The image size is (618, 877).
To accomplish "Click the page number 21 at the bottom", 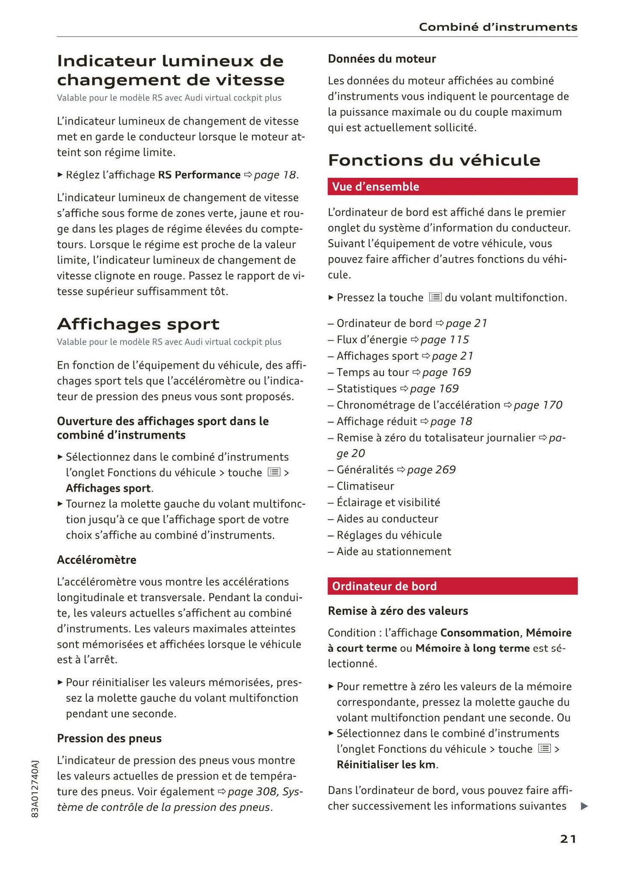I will click(x=568, y=839).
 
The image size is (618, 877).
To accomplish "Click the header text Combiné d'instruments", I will click(x=498, y=27).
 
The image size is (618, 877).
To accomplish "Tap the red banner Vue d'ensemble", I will click(x=452, y=187).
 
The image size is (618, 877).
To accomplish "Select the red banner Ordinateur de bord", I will click(x=452, y=586).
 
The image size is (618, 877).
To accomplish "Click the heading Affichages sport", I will click(x=138, y=324).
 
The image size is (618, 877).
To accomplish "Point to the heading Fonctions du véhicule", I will click(x=434, y=160).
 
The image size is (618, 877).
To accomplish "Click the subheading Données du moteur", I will click(x=381, y=59).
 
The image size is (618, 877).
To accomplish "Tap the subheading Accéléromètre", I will click(x=97, y=560).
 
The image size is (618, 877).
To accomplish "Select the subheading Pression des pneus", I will click(x=109, y=738).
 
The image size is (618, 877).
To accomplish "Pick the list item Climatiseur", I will click(x=365, y=486).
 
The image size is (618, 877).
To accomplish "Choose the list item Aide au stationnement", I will click(x=393, y=551).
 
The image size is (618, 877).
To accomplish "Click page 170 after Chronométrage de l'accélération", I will click(x=538, y=405).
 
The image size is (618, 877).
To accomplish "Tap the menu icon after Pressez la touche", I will click(x=435, y=297).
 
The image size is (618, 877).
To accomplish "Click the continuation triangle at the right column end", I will click(x=584, y=806).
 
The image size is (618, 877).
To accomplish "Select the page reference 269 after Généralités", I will click(x=431, y=470).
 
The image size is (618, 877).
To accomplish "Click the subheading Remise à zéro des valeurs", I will click(x=398, y=611).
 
